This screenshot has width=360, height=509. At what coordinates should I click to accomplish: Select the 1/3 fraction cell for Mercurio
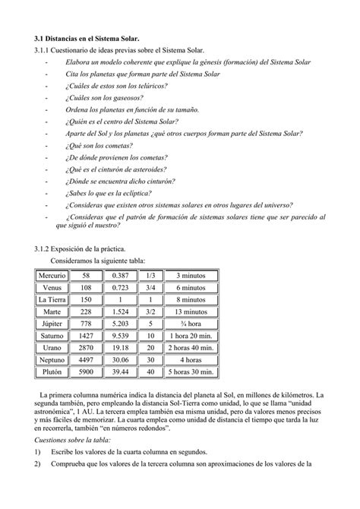point(150,276)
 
